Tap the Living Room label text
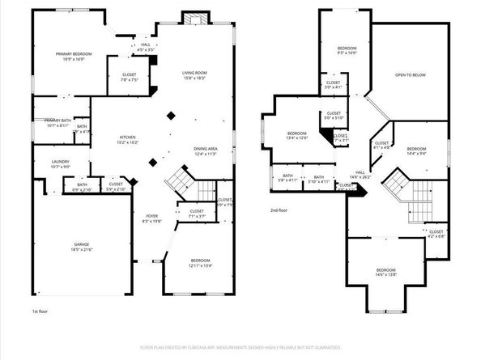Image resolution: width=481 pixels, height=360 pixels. [x=194, y=75]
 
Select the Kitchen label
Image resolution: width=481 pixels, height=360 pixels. [x=128, y=139]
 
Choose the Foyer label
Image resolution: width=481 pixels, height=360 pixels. [x=151, y=218]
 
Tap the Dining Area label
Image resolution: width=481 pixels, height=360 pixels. [x=205, y=151]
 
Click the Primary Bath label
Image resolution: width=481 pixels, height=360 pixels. [x=58, y=122]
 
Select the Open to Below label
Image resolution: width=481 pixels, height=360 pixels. [x=410, y=75]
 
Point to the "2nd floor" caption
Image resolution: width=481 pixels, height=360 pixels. [x=280, y=210]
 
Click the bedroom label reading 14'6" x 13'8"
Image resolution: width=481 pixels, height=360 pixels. [x=385, y=272]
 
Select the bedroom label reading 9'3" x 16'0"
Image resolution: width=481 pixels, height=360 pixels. [x=347, y=52]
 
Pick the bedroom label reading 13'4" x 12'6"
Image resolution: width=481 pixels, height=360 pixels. [x=296, y=135]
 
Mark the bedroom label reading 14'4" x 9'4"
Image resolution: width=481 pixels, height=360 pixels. [x=416, y=150]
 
